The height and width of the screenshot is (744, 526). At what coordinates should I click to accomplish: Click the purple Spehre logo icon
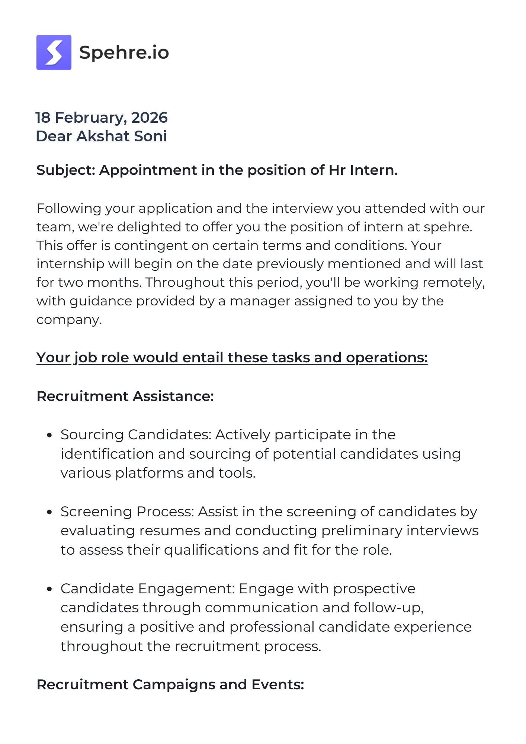[54, 52]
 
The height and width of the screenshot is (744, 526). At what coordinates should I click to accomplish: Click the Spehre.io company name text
[124, 52]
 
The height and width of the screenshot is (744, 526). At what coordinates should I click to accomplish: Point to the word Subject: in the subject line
[66, 170]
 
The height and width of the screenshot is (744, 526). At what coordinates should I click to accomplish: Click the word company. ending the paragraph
[69, 320]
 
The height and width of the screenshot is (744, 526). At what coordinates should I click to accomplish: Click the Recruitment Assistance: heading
[125, 396]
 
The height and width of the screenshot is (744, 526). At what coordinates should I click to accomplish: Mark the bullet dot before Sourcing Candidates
[49, 435]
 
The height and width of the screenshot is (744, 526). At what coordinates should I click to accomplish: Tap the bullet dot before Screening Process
[49, 512]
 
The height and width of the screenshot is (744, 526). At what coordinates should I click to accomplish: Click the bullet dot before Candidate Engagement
[49, 589]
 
